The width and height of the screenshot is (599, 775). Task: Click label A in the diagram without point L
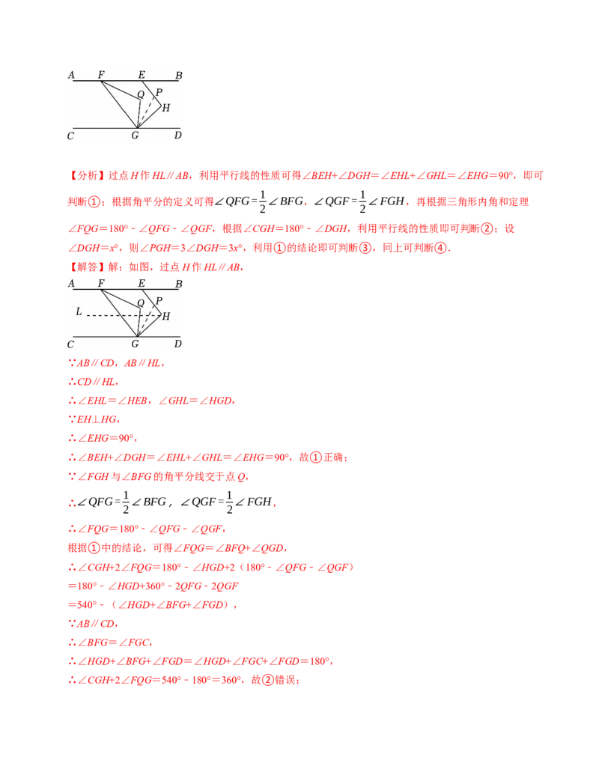tap(71, 75)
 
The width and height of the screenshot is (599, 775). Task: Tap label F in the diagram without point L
tap(101, 75)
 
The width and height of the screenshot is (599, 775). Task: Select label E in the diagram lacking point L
tap(142, 75)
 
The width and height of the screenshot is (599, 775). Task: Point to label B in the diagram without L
tap(178, 75)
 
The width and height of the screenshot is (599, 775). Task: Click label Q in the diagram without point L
tap(140, 95)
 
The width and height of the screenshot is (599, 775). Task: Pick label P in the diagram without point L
tap(159, 92)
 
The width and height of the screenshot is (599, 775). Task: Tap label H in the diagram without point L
tap(165, 108)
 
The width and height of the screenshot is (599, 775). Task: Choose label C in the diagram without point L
tap(70, 136)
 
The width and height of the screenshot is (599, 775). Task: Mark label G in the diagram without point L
tap(135, 136)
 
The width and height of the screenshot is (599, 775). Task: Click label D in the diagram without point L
tap(177, 136)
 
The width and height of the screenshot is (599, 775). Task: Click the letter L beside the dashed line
tap(79, 311)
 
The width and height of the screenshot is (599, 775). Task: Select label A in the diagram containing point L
tap(71, 284)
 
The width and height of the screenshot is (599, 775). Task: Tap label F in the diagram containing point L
tap(101, 284)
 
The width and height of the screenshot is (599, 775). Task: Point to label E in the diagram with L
tap(142, 284)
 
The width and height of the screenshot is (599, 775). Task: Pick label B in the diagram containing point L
tap(178, 284)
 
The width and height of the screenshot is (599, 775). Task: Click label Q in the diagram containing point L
tap(140, 303)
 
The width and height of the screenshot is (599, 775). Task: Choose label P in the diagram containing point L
tap(159, 300)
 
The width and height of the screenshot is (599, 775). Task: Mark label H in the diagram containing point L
tap(165, 317)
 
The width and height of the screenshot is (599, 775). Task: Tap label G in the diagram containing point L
tap(135, 344)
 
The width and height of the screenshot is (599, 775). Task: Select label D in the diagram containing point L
tap(177, 344)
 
